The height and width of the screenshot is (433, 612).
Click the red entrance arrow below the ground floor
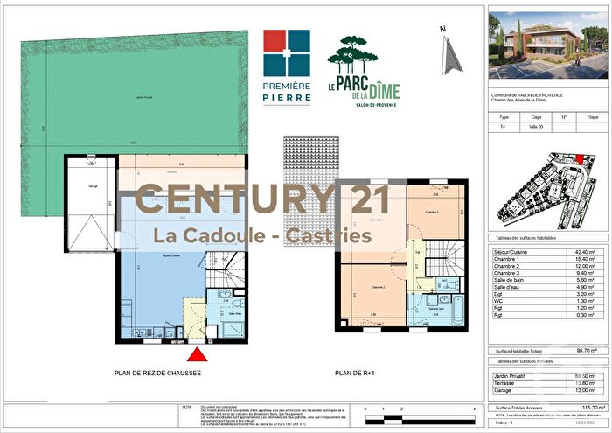click(x=198, y=354)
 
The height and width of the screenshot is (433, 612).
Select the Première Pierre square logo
click(x=287, y=53)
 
